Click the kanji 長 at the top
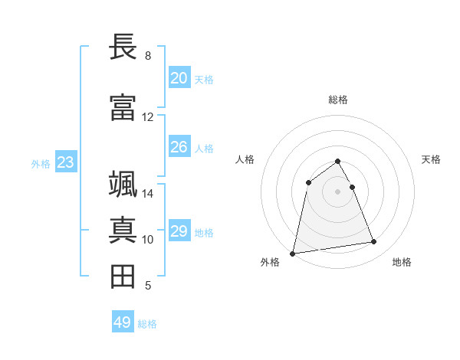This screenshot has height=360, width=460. point(123,47)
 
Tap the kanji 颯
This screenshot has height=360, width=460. point(123,185)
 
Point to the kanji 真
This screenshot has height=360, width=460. point(123,231)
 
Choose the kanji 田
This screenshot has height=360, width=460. point(123,277)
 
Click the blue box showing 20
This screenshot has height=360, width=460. point(179,78)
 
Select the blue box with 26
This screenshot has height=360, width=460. point(179,147)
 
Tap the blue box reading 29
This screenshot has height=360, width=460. point(179,231)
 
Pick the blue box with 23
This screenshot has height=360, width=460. point(65,162)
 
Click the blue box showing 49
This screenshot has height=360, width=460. point(123,322)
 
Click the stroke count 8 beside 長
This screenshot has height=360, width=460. point(147,56)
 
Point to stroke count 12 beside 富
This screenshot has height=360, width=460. point(147,117)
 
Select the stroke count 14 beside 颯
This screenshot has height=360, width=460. point(147,194)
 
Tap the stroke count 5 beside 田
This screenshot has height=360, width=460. point(147,286)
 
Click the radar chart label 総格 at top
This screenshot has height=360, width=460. point(337,100)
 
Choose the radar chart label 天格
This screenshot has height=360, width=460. point(431,159)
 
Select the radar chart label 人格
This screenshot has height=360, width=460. point(245,159)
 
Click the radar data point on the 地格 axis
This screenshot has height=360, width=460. point(374,242)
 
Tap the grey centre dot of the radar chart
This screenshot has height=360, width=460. point(337,191)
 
